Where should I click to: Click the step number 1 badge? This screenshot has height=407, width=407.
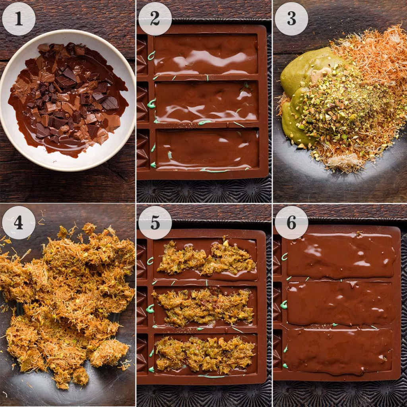click(x=19, y=19)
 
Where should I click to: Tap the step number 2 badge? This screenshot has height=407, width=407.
click(x=155, y=19)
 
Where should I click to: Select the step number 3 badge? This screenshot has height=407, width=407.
click(x=291, y=19)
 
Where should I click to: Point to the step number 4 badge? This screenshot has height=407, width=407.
click(x=19, y=223)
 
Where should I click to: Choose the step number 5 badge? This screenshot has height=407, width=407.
click(x=155, y=223)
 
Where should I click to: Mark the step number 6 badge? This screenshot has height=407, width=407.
click(x=291, y=223)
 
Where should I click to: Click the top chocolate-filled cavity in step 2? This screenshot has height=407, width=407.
click(x=205, y=54)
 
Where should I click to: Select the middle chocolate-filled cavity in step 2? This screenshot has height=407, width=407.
click(x=206, y=101)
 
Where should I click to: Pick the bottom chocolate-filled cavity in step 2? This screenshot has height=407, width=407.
click(x=207, y=149)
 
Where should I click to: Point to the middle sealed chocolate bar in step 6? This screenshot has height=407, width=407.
click(x=340, y=304)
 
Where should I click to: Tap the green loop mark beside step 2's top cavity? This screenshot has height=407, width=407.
click(x=151, y=56)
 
